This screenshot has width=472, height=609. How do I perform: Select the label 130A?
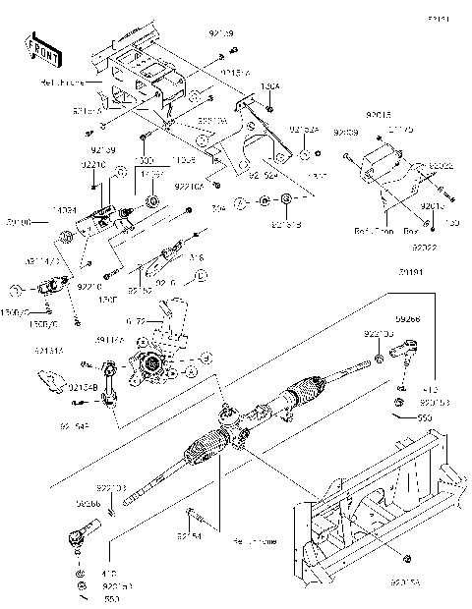pos(270,86)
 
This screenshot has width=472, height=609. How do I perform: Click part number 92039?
pos(343,131)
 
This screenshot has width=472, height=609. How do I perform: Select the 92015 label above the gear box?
pos(379,114)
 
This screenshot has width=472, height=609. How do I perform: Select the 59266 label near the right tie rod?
pos(408,319)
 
